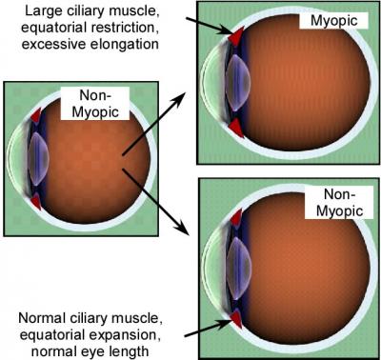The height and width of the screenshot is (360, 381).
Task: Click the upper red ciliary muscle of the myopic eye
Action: (x=234, y=33)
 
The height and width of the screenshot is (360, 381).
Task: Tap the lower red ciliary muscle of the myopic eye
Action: (x=234, y=126)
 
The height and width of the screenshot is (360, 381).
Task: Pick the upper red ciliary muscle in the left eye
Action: (x=36, y=115)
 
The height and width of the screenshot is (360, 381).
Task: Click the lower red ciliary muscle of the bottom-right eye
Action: (x=233, y=316)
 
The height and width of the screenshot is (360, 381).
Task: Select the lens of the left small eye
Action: (x=37, y=159)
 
